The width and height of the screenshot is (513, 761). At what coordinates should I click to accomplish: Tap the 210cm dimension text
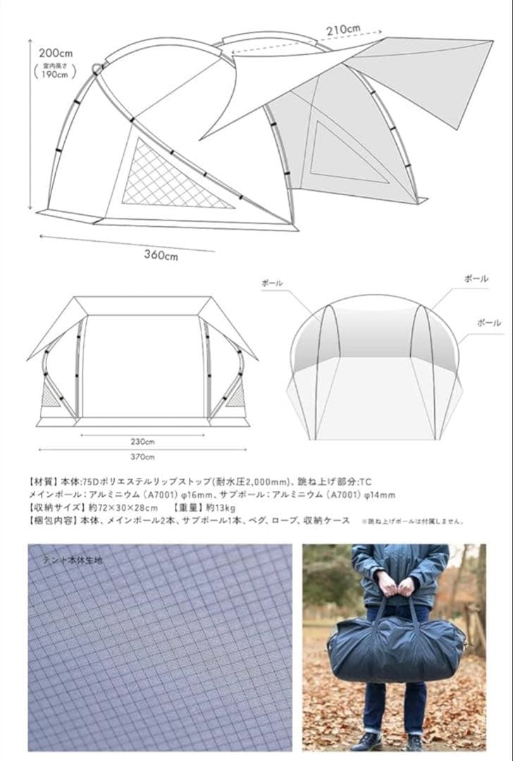pos(343,30)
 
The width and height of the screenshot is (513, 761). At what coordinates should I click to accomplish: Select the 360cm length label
pos(161,254)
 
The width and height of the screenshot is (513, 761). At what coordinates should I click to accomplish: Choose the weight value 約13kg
pos(224,508)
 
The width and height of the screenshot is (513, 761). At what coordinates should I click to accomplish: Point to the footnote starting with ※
pos(412,522)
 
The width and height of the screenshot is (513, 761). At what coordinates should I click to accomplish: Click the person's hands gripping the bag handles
pos(395,584)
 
